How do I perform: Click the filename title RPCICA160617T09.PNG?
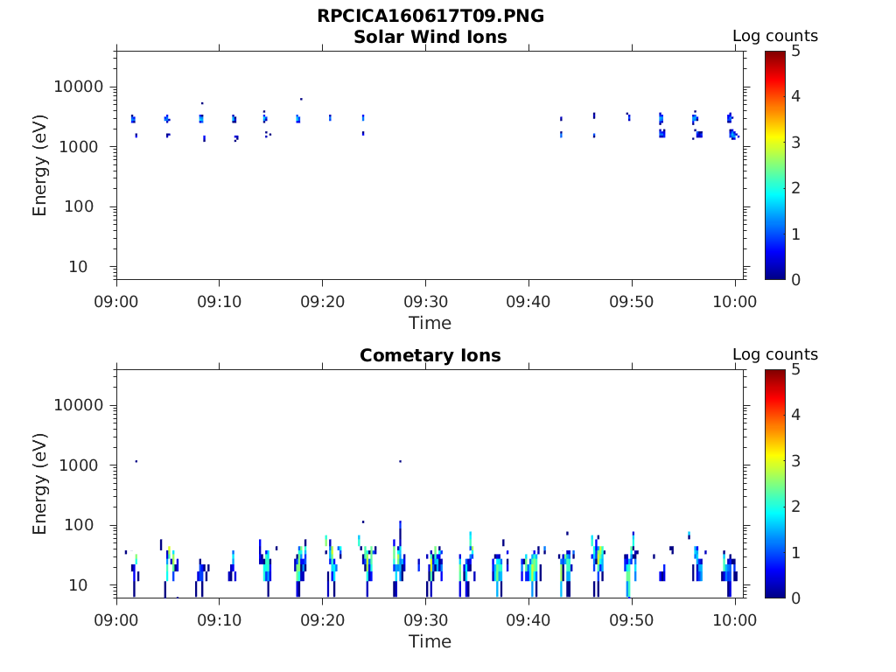click(x=430, y=16)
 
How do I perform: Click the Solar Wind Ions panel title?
click(x=430, y=37)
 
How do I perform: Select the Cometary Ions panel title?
click(x=430, y=355)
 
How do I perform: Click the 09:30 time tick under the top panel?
click(x=425, y=302)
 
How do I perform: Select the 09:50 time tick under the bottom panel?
click(x=632, y=620)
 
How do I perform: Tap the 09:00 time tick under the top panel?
click(x=116, y=302)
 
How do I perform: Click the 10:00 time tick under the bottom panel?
click(x=735, y=620)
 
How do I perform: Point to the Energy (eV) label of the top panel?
click(x=40, y=164)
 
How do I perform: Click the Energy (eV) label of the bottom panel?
click(x=40, y=483)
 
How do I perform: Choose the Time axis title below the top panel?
click(x=430, y=323)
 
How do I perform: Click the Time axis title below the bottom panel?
click(x=430, y=641)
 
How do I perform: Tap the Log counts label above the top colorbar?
click(x=774, y=36)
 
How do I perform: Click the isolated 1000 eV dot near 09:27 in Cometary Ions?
click(x=400, y=461)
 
